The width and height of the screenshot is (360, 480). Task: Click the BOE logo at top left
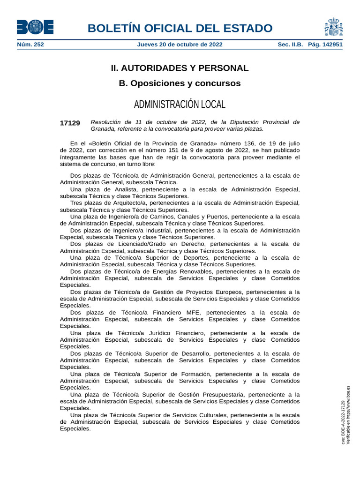tap(35, 27)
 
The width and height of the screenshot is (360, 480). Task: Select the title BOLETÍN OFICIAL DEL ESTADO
tap(180, 28)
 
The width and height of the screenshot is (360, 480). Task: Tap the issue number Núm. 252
tap(30, 45)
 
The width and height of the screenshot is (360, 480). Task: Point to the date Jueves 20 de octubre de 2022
tap(180, 45)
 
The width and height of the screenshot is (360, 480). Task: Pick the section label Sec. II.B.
tap(291, 45)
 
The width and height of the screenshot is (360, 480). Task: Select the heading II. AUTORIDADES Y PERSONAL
tap(180, 68)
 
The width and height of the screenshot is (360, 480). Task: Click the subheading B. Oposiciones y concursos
tap(180, 83)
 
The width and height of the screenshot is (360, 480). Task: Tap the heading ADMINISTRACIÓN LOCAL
tap(180, 104)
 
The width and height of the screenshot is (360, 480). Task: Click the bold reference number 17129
tap(70, 123)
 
